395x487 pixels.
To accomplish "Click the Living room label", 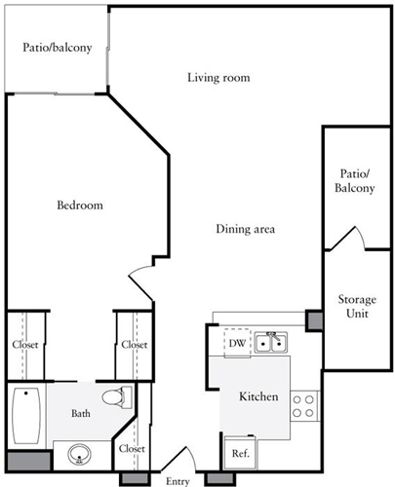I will pos(218,78).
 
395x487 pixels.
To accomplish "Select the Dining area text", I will pos(245,230).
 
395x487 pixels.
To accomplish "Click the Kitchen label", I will pos(259,397).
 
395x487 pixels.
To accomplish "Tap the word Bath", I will pos(81,413).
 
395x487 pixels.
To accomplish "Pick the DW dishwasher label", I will pos(236,343).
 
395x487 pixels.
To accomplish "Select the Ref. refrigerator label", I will pos(239,453).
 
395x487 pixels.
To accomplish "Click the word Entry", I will pos(178,481).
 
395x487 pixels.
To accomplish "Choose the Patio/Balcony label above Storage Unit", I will pos(355,179).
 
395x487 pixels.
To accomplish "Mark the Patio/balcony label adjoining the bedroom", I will pos(58,47).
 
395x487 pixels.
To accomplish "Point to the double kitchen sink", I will pos(269,342).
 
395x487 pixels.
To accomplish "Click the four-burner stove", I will pos(304,405).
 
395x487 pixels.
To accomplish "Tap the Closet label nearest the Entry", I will pos(131,448).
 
